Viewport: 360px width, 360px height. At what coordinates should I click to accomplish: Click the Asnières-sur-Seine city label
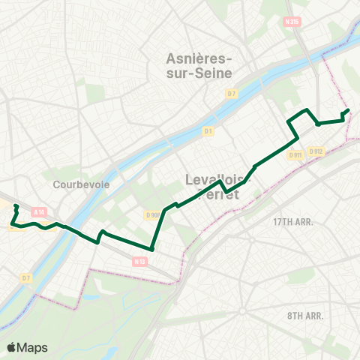[199, 65]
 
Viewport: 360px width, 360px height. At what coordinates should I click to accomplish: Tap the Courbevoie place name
[73, 184]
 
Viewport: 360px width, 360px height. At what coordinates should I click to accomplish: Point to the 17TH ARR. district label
[292, 222]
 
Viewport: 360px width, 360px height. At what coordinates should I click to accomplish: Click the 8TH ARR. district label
[305, 316]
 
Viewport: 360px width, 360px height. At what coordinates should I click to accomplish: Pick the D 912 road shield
[316, 151]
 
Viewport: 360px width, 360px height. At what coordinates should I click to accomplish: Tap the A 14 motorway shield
[38, 212]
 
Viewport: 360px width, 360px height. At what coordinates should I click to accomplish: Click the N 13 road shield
[139, 261]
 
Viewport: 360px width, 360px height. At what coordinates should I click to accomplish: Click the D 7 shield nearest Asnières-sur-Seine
[232, 93]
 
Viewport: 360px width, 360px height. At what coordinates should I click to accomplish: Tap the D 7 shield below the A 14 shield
[26, 278]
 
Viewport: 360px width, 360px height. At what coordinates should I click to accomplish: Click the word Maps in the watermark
[34, 347]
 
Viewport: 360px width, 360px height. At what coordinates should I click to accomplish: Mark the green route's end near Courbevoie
[16, 205]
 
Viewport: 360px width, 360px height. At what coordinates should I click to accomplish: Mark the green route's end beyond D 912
[349, 111]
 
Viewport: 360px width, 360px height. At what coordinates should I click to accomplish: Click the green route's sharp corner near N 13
[151, 249]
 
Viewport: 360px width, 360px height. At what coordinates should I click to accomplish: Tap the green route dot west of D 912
[318, 124]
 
